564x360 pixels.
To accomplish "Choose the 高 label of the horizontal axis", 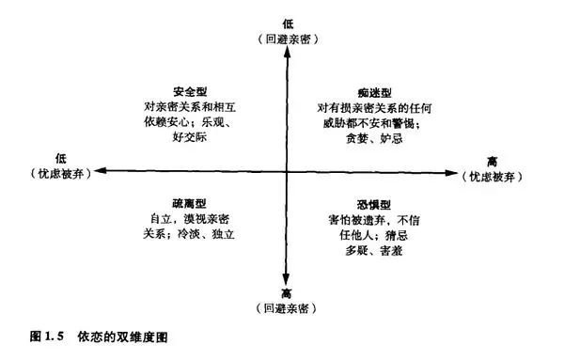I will pos(492,161).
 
